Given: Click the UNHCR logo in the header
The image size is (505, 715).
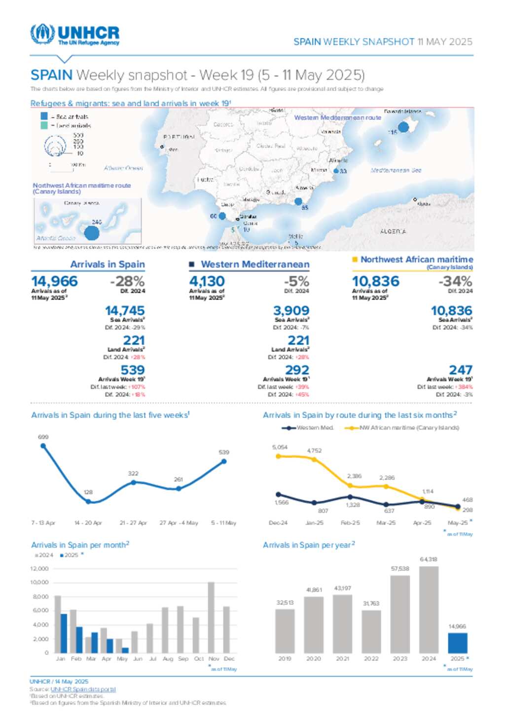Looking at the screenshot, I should pos(74,35).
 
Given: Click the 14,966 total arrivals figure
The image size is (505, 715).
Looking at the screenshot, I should pos(54,281).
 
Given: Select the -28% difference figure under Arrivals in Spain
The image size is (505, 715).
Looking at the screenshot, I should pos(127,281).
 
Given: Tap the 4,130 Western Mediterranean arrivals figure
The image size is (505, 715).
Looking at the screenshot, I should pos(207,281).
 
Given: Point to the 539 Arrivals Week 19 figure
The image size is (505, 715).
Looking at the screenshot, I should pos(133,370).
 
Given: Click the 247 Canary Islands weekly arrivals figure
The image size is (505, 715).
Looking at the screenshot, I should pos(461,370).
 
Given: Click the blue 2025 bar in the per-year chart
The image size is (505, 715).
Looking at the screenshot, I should pos(457,643).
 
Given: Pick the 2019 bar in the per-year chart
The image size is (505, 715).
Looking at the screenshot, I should pos(285,631).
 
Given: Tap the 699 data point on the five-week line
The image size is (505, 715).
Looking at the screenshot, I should pos(43,446).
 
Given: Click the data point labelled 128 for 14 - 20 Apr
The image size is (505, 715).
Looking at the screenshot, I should pos(88,501).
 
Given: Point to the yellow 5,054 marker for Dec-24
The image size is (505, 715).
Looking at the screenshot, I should pos(278,456).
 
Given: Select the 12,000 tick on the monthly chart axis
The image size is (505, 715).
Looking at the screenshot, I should pos(39,569).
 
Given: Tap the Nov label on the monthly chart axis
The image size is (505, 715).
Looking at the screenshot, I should pos(214,659).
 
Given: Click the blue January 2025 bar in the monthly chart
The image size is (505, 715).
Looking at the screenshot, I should pos(64,633).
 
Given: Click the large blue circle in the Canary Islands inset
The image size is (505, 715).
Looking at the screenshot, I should pos(92,232).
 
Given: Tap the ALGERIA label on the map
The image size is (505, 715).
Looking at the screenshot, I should pos(393,231).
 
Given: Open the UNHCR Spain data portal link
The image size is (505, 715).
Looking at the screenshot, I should pos(83,689).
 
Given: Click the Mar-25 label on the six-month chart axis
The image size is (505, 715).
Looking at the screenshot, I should pos(386,523).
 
